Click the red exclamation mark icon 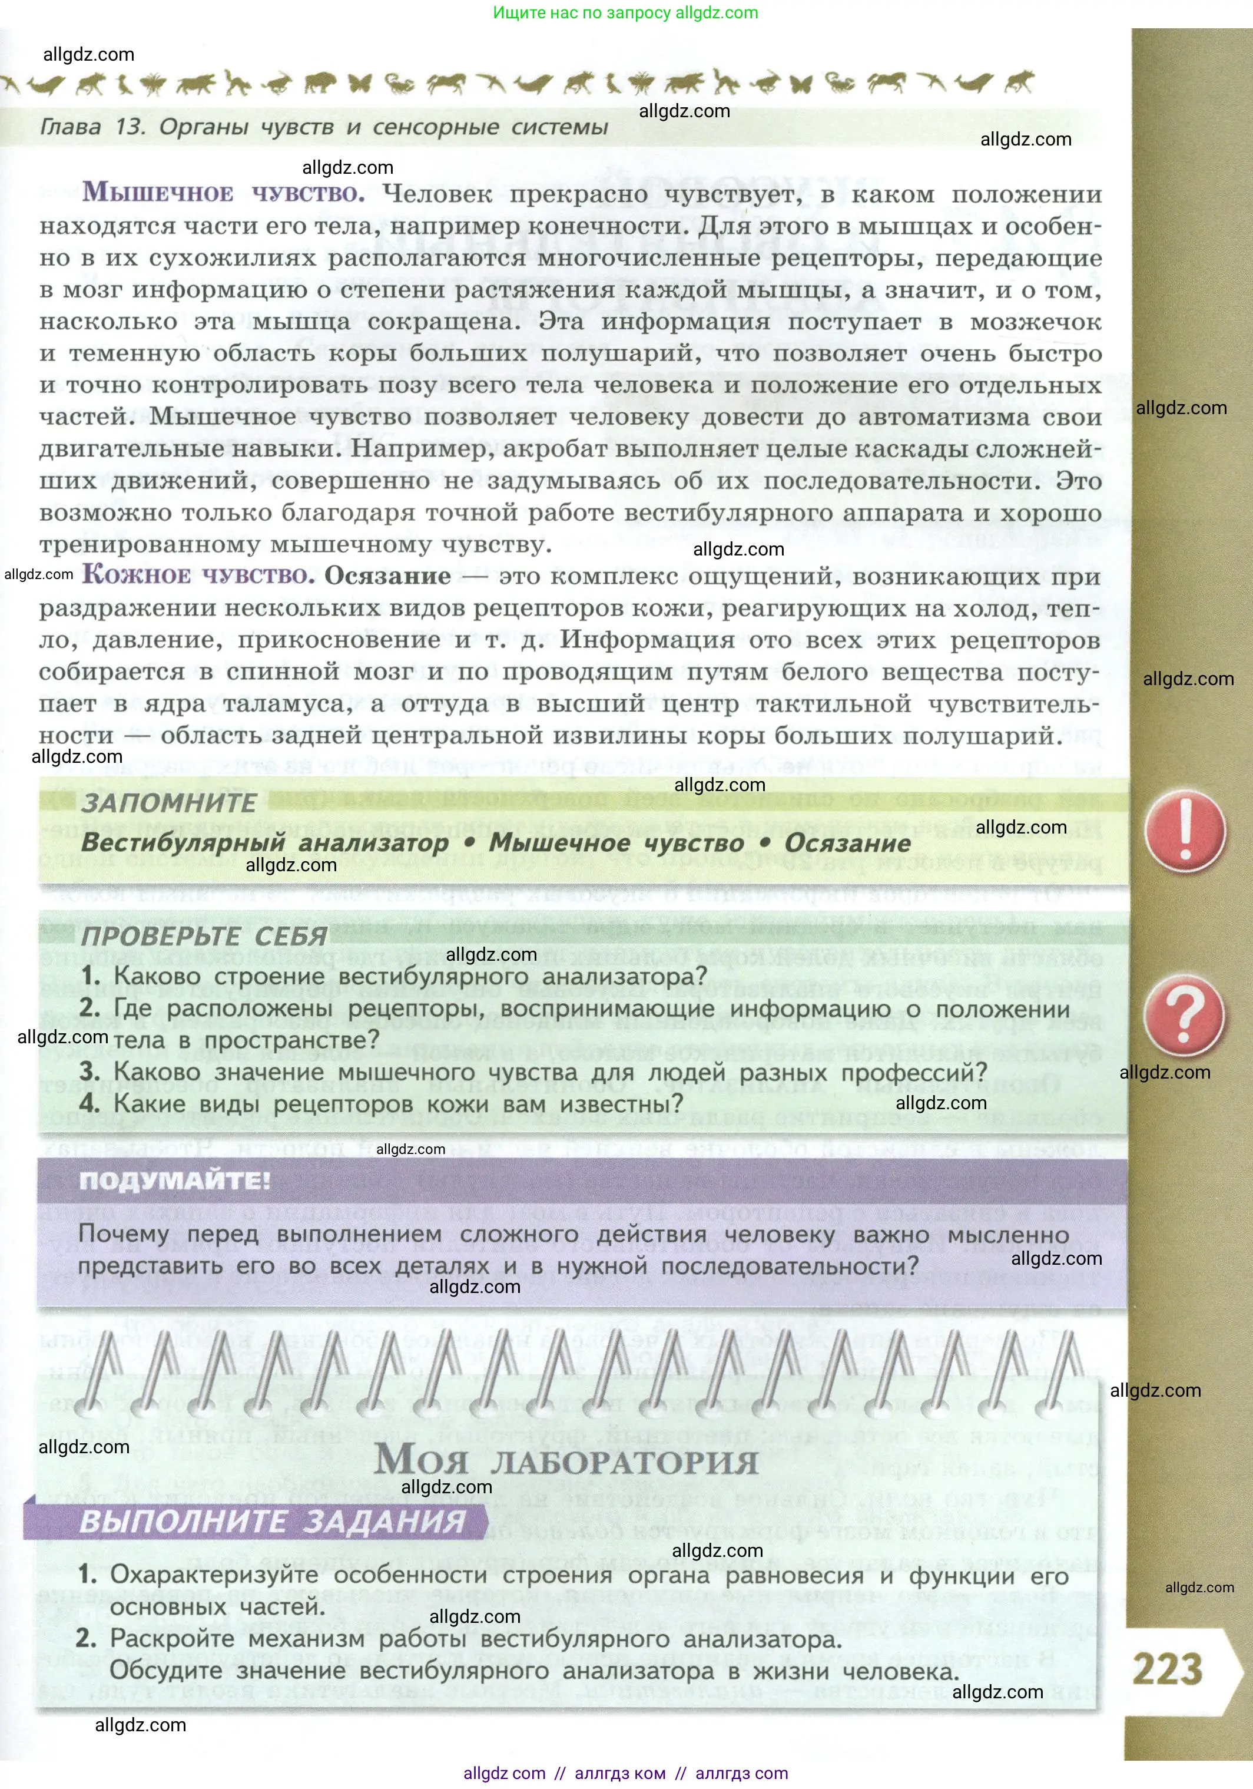coord(1185,831)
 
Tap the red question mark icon coord(1183,1016)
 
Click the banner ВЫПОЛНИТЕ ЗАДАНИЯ coord(273,1521)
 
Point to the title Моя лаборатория coord(566,1460)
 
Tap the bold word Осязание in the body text coord(387,576)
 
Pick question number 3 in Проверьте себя coord(89,1072)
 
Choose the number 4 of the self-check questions coord(89,1103)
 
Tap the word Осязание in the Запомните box coord(847,843)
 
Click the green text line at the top coord(625,12)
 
